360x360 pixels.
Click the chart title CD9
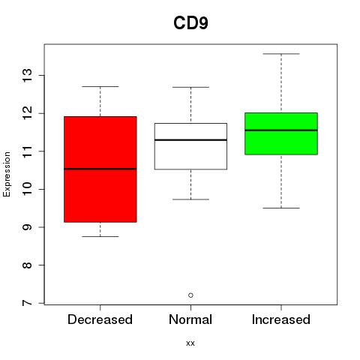[x=190, y=23]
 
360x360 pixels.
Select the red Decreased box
[x=100, y=169]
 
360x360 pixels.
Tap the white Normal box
[x=190, y=146]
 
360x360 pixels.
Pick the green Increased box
[x=281, y=133]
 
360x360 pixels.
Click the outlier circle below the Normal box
[x=190, y=295]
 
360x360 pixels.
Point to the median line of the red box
[x=100, y=169]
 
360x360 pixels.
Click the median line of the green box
[x=281, y=130]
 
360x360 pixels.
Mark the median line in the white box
[x=190, y=140]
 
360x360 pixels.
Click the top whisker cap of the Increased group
[x=281, y=54]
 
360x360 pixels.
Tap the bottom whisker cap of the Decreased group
[x=100, y=236]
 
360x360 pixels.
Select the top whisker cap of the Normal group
[x=190, y=87]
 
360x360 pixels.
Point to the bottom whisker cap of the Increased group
[x=281, y=208]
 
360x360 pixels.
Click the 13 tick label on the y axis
[x=27, y=76]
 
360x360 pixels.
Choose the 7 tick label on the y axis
[x=27, y=303]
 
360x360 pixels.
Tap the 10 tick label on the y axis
[x=27, y=189]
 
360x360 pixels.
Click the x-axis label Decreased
[x=100, y=319]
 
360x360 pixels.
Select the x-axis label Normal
[x=190, y=319]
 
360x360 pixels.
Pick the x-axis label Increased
[x=281, y=319]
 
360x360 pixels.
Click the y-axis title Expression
[x=7, y=174]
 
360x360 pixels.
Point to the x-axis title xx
[x=190, y=343]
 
